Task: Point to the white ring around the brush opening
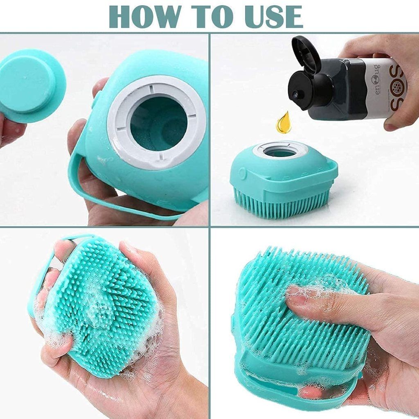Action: click(x=119, y=123)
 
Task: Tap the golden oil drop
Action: click(x=284, y=123)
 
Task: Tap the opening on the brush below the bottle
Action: click(x=281, y=151)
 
